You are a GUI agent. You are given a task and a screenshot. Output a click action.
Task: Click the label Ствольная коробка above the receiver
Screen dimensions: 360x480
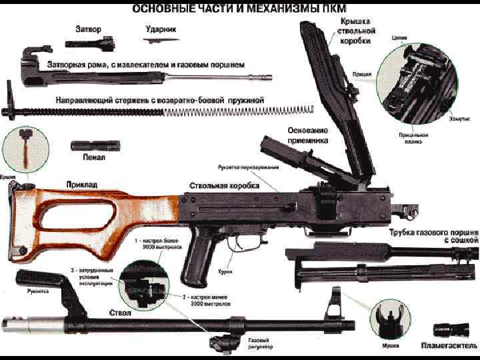[x=224, y=184]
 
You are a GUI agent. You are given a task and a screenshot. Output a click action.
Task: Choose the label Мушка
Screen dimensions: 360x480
[x=391, y=345]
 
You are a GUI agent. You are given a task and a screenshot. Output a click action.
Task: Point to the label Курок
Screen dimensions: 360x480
[x=225, y=272]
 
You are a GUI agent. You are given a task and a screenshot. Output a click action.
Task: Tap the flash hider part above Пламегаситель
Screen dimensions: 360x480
[x=447, y=329]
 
